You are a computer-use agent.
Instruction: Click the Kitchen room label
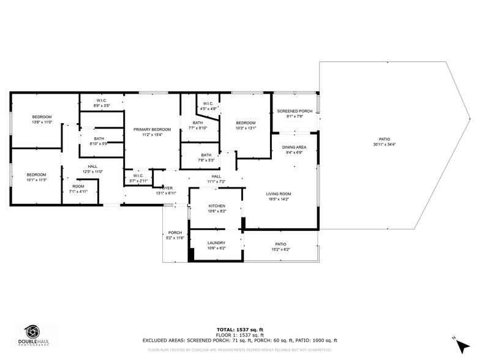pyautogui.click(x=217, y=206)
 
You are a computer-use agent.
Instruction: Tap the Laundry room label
pyautogui.click(x=216, y=243)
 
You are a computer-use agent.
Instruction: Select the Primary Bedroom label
pyautogui.click(x=152, y=129)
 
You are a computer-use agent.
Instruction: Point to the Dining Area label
pyautogui.click(x=294, y=148)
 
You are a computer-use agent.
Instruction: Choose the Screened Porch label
pyautogui.click(x=294, y=111)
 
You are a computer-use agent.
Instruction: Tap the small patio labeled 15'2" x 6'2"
pyautogui.click(x=280, y=247)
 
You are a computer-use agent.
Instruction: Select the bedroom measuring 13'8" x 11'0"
pyautogui.click(x=42, y=119)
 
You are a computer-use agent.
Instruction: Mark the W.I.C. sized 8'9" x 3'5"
pyautogui.click(x=102, y=103)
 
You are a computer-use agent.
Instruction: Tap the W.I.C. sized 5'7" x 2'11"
pyautogui.click(x=138, y=178)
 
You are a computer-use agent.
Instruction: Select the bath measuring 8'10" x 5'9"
pyautogui.click(x=99, y=141)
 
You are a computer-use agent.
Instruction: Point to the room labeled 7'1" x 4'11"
pyautogui.click(x=78, y=189)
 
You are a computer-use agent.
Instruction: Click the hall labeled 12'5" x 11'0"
pyautogui.click(x=92, y=169)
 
